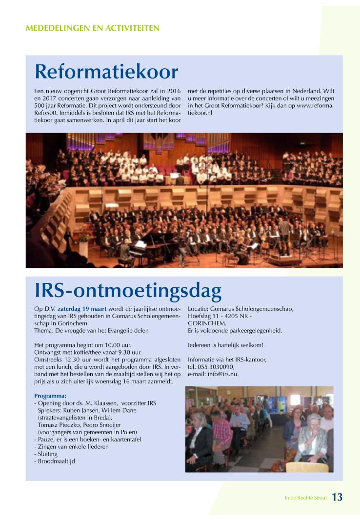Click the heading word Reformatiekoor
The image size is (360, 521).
tap(106, 72)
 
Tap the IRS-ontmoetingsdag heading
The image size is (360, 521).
tap(128, 291)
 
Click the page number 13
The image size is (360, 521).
tap(337, 497)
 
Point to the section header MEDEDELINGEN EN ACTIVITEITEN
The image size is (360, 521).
tap(92, 28)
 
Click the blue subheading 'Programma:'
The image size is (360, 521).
tap(50, 396)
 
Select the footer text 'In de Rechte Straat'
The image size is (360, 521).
tap(305, 498)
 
